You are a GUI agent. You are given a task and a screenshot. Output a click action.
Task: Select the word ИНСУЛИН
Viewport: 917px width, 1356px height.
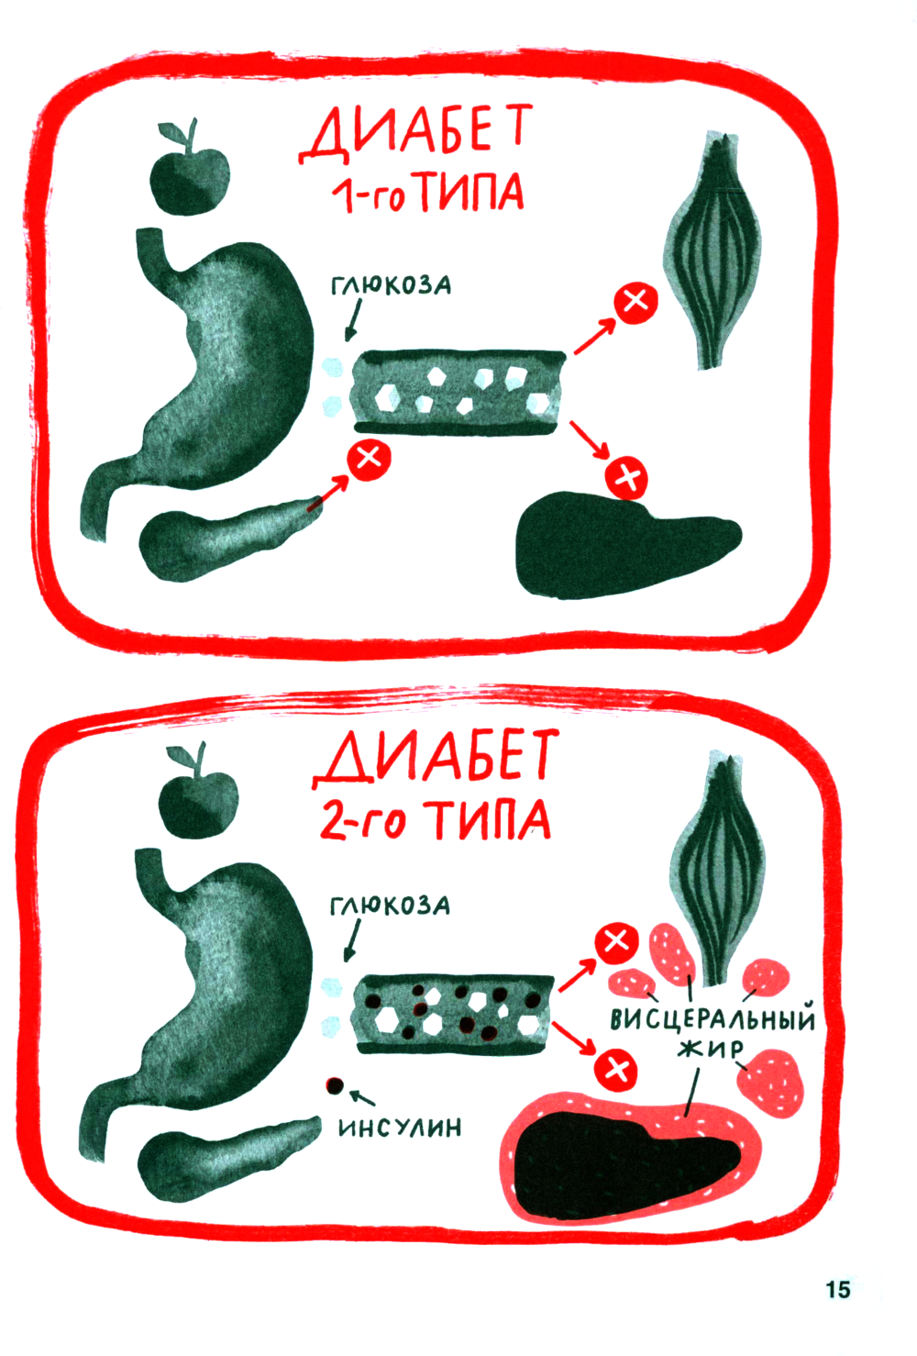[x=400, y=1128]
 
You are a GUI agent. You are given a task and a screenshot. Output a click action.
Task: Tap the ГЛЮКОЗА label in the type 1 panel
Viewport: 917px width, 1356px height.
[x=391, y=285]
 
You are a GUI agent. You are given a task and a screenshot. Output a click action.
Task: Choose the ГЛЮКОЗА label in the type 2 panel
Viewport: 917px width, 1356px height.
[x=390, y=906]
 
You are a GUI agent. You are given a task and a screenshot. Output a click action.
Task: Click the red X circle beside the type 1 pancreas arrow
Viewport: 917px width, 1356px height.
[x=369, y=460]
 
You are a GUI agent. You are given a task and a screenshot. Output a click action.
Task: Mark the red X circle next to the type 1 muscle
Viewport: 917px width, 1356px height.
[x=635, y=302]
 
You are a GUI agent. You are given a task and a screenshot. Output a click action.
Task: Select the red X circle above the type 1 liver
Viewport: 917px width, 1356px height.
[x=626, y=478]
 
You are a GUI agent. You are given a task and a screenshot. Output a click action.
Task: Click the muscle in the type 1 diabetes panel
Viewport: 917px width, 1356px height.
[x=713, y=250]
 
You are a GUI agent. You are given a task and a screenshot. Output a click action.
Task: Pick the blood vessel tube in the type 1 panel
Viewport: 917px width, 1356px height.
[x=459, y=392]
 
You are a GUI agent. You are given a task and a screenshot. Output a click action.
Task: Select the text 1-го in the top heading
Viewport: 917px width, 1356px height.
[x=368, y=194]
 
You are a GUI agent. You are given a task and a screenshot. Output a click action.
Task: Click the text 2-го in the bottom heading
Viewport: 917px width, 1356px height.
[x=361, y=819]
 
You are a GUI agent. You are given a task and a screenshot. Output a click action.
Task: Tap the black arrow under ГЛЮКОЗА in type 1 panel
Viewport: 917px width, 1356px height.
[x=354, y=320]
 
